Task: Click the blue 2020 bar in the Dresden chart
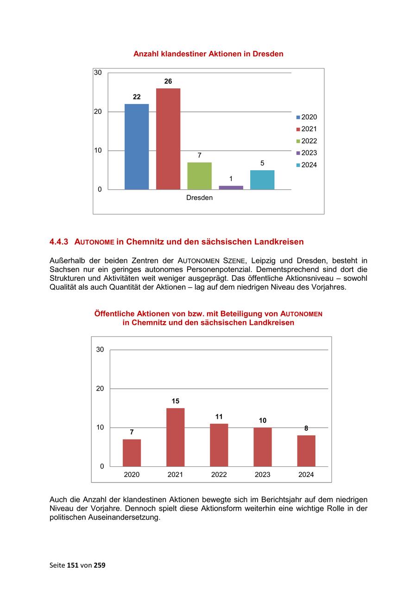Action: [x=137, y=147]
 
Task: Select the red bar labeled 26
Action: [x=168, y=139]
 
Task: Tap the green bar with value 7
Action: [x=199, y=176]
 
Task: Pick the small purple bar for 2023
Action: [x=231, y=187]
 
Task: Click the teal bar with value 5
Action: [x=262, y=180]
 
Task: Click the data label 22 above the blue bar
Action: [x=137, y=97]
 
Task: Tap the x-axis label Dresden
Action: [x=199, y=198]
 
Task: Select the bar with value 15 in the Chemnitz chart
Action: [x=175, y=437]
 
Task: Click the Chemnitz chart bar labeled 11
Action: [x=219, y=445]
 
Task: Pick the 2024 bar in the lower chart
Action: [x=306, y=451]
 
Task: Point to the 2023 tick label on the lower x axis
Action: [x=263, y=475]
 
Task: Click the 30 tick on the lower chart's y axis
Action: [x=100, y=350]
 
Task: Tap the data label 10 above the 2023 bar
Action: [x=263, y=421]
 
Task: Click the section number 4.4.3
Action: [x=59, y=242]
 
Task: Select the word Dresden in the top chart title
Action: [x=268, y=54]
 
